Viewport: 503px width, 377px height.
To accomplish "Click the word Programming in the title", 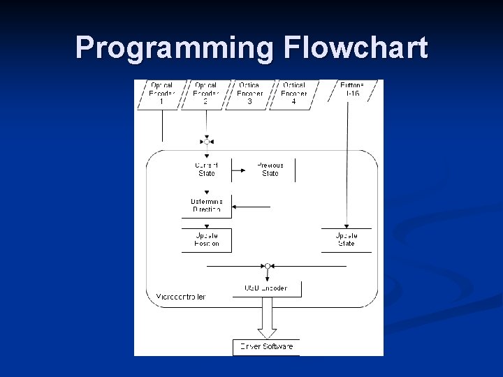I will click(x=175, y=47).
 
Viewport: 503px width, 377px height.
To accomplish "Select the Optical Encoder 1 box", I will click(x=161, y=94).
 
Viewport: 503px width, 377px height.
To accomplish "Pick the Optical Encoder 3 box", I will click(x=250, y=94).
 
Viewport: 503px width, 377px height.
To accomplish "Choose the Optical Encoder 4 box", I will click(x=294, y=94).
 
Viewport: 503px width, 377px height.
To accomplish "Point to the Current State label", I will click(x=207, y=169).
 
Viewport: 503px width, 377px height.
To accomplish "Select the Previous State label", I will click(x=270, y=169).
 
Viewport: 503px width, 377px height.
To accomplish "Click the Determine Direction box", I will click(x=206, y=205).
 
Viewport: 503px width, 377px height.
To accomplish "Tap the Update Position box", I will click(x=206, y=239).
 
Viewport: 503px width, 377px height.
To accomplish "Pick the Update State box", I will click(x=347, y=239).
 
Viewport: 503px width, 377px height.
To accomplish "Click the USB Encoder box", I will click(x=265, y=288).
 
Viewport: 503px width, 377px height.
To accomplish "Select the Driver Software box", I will click(x=266, y=346).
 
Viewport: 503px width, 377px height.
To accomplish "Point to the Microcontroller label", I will click(x=181, y=297).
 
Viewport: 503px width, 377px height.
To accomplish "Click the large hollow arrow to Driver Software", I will click(x=267, y=318).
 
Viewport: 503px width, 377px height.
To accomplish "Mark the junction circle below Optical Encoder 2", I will click(x=207, y=142).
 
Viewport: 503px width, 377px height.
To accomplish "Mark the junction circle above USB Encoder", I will click(x=268, y=266).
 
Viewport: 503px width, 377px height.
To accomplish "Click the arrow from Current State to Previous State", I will click(x=238, y=169).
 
